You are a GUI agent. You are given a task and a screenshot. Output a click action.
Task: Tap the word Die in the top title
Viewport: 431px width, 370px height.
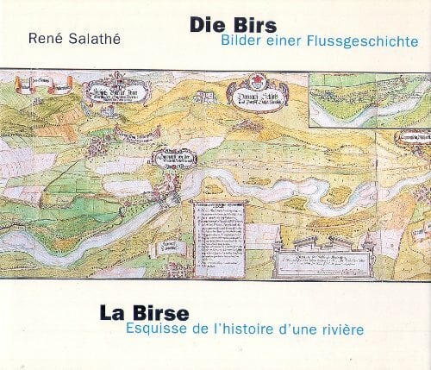209,26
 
